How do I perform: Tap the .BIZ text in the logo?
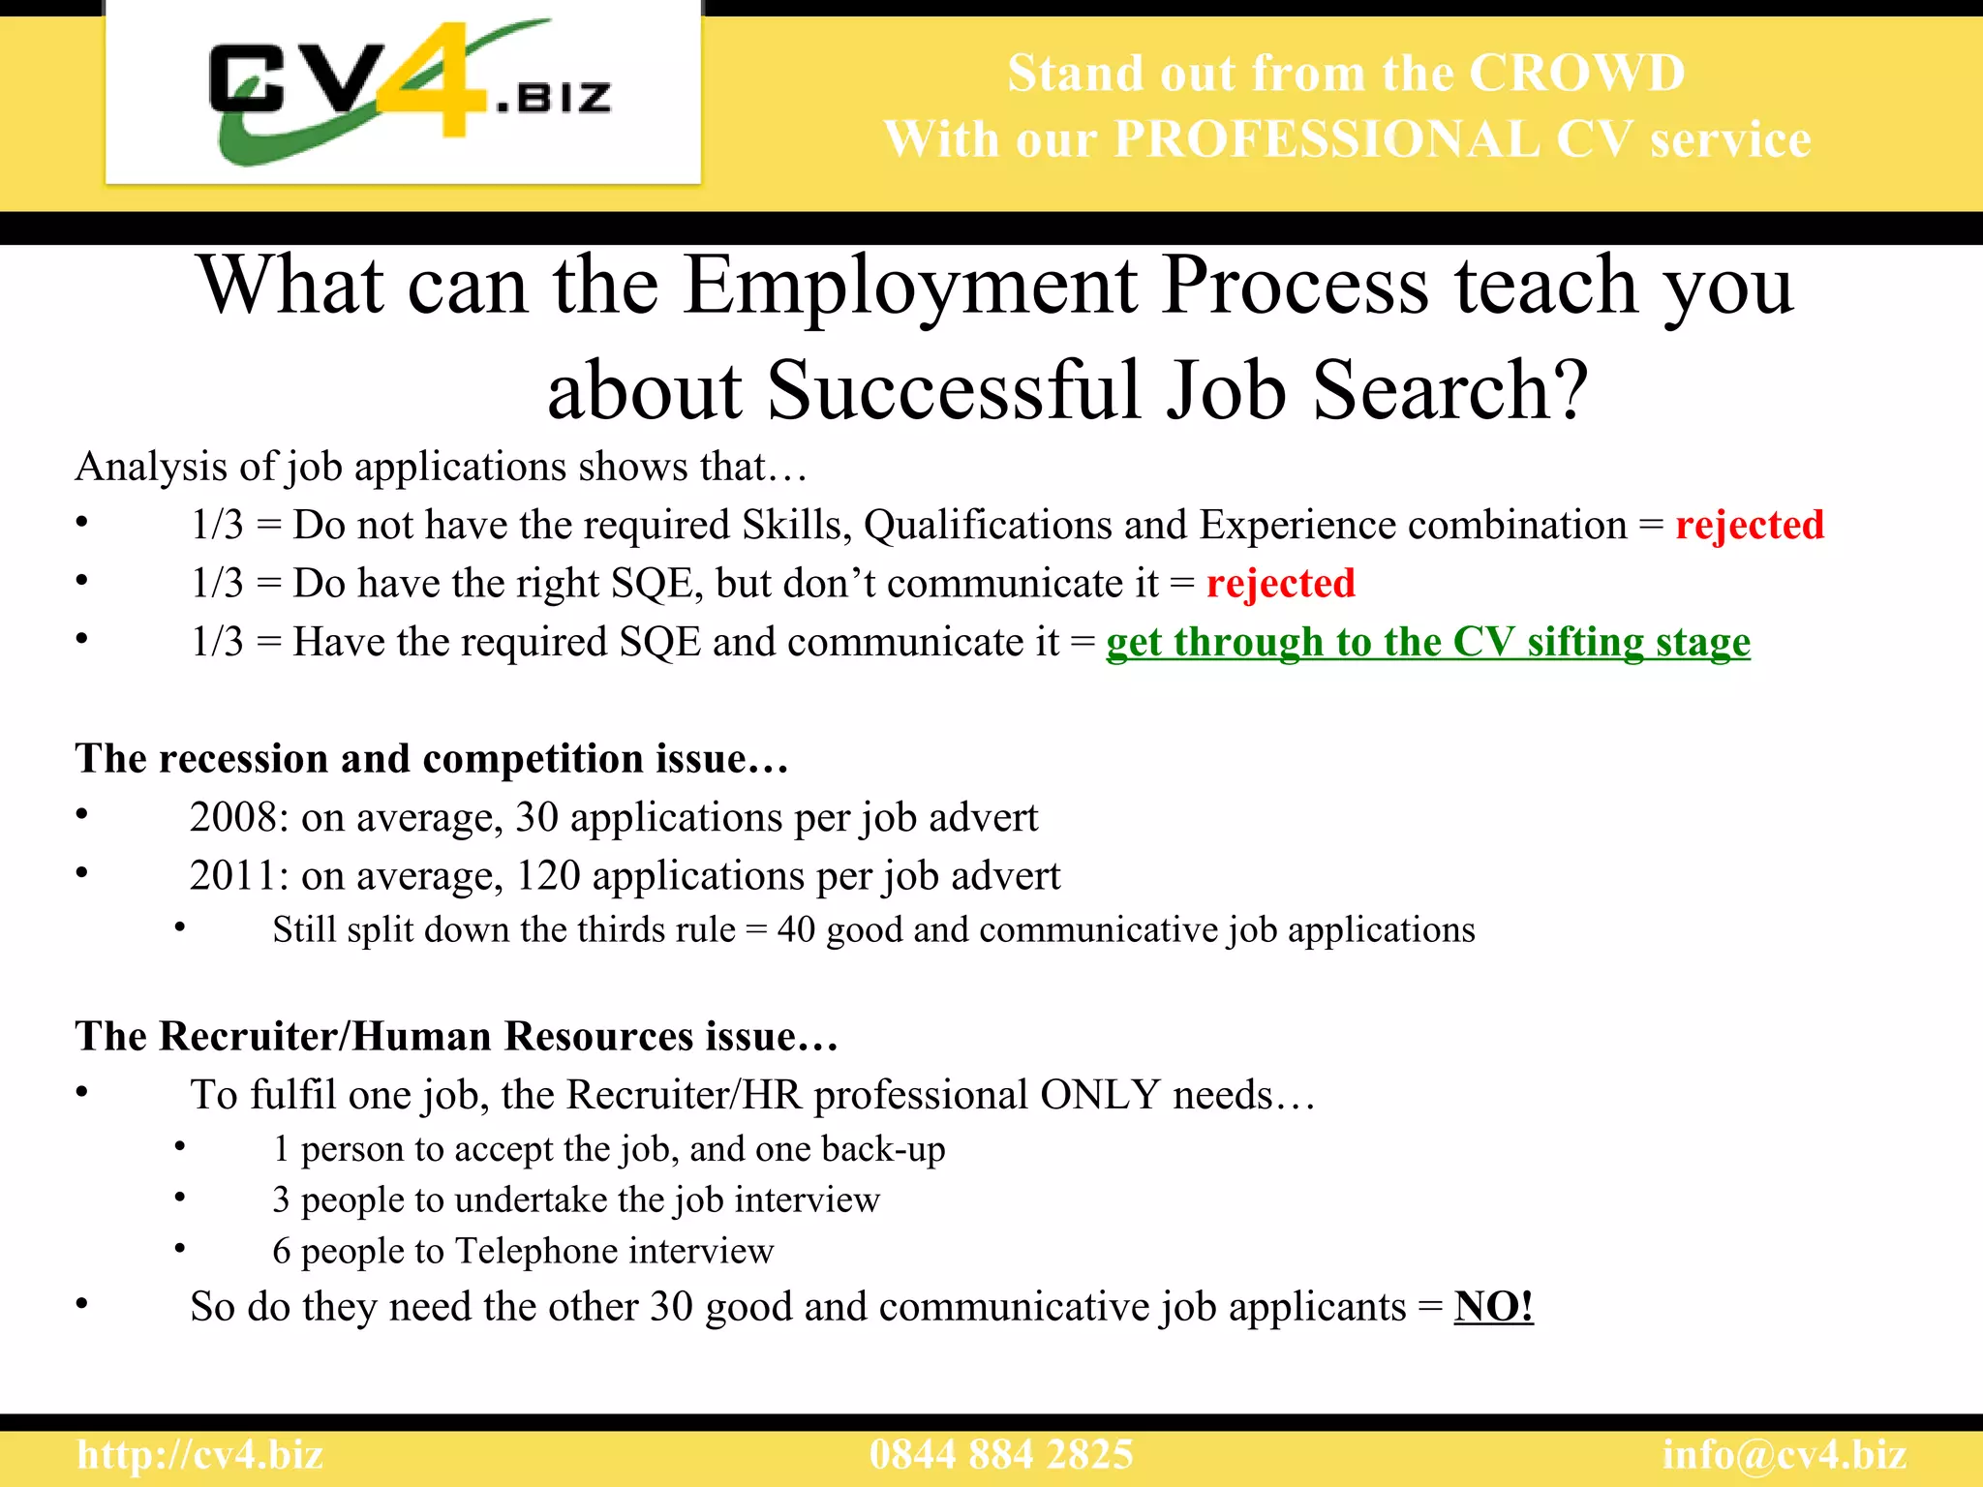tap(554, 97)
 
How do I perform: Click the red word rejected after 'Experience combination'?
tap(1750, 525)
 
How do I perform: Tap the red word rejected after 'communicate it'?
tap(1280, 584)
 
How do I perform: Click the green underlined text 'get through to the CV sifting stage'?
tap(1427, 642)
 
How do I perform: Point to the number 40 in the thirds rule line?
tap(796, 930)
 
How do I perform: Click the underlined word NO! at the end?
tap(1493, 1307)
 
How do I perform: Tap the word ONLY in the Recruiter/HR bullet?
tap(1100, 1095)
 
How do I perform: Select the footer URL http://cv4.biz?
tap(200, 1455)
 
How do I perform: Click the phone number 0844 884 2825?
tap(1001, 1455)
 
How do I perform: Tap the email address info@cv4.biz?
tap(1784, 1455)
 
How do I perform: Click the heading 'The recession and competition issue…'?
tap(432, 759)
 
